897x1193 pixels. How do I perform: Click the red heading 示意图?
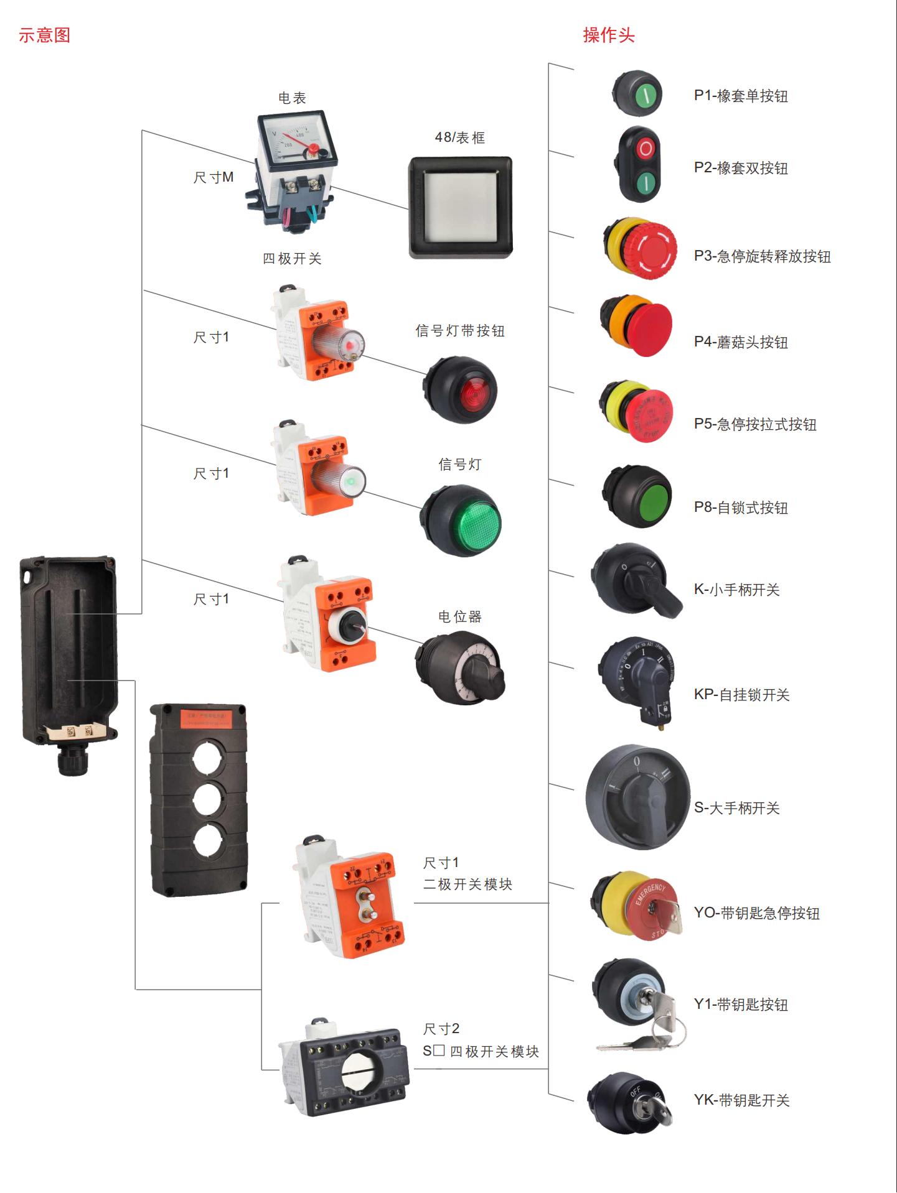click(x=44, y=35)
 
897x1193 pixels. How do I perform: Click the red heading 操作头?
click(x=608, y=35)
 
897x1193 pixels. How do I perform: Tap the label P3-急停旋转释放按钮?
click(x=762, y=257)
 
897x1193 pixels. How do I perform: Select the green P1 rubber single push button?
click(x=646, y=95)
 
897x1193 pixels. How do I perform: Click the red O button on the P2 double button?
click(x=646, y=149)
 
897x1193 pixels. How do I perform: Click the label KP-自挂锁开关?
click(x=741, y=695)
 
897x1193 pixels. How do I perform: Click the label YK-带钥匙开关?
click(x=741, y=1100)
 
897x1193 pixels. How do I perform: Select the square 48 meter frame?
click(x=460, y=207)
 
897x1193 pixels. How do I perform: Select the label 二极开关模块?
click(x=467, y=884)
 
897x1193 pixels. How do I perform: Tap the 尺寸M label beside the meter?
click(x=213, y=178)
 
